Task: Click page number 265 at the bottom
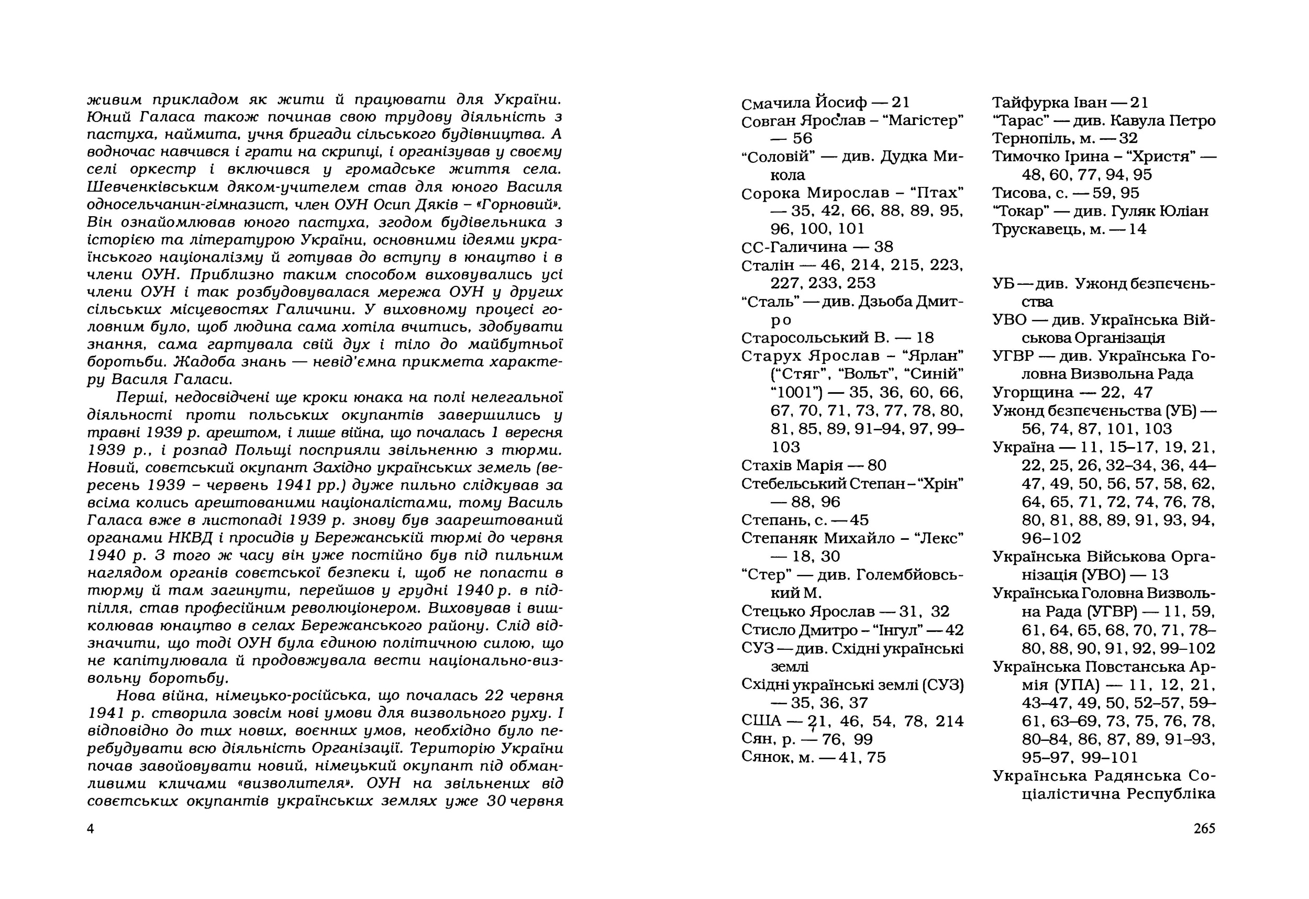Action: coord(1204,828)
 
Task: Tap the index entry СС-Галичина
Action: coord(794,247)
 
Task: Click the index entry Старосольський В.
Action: coord(815,338)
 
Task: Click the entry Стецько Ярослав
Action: coord(808,611)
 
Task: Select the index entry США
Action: coord(761,721)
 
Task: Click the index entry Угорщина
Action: coord(1033,392)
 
